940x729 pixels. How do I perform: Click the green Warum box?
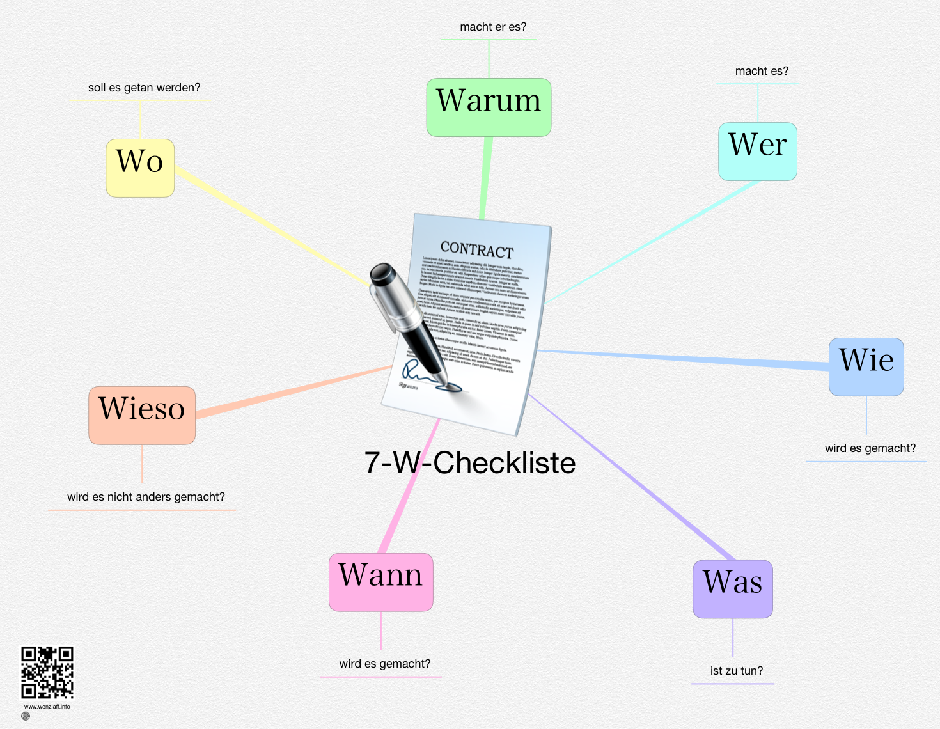pyautogui.click(x=489, y=107)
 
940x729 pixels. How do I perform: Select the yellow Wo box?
pyautogui.click(x=140, y=168)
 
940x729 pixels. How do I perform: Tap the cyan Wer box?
pyautogui.click(x=758, y=151)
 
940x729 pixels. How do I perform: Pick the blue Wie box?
pyautogui.click(x=866, y=366)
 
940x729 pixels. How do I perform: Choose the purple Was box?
pyautogui.click(x=733, y=589)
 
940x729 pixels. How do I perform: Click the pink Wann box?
pyautogui.click(x=381, y=581)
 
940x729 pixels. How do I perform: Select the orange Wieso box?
pyautogui.click(x=142, y=415)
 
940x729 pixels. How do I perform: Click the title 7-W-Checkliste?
pyautogui.click(x=470, y=462)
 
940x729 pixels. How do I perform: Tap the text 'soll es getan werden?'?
pyautogui.click(x=144, y=88)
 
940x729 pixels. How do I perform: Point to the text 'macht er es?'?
pyautogui.click(x=493, y=27)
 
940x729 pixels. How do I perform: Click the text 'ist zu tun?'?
pyautogui.click(x=737, y=671)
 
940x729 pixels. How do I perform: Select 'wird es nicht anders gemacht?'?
pyautogui.click(x=146, y=497)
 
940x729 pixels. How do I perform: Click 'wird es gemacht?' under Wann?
pyautogui.click(x=385, y=664)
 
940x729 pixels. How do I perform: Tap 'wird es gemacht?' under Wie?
pyautogui.click(x=870, y=448)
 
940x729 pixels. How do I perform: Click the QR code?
pyautogui.click(x=47, y=673)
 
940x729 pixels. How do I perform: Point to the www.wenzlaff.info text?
pyautogui.click(x=47, y=707)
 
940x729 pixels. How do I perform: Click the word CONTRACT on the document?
pyautogui.click(x=477, y=249)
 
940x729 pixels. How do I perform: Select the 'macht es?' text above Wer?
pyautogui.click(x=762, y=71)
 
